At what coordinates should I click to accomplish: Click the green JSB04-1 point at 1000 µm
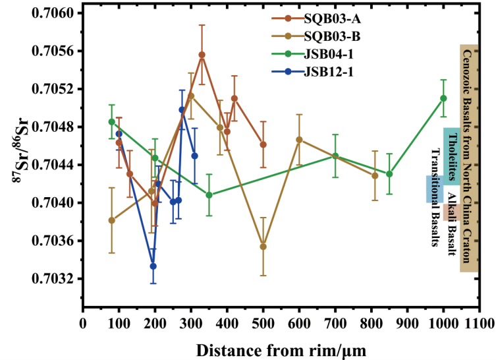443,98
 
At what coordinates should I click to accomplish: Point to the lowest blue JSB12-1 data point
134,266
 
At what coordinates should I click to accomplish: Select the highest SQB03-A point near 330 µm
202,55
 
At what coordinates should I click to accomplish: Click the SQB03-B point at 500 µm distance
263,247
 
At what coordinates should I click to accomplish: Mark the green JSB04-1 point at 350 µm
209,195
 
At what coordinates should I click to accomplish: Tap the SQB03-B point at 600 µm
299,140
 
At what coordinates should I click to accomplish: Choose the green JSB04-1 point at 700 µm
335,156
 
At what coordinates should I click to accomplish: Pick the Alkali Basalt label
451,224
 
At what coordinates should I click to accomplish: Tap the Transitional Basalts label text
435,198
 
